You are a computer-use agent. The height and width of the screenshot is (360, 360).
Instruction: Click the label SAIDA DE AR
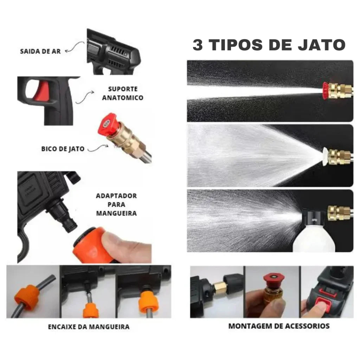[x=40, y=51]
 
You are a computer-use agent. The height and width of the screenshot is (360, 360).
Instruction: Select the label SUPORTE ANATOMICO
[x=123, y=94]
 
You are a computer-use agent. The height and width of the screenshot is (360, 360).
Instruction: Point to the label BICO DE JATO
[x=63, y=149]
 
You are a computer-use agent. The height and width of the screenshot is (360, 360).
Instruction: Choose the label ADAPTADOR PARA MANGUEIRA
[x=116, y=204]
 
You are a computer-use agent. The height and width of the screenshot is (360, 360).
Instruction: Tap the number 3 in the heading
[x=198, y=45]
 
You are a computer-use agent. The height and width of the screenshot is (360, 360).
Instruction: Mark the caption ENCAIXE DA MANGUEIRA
[x=89, y=327]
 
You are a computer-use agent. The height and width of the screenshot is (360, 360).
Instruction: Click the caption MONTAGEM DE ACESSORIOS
[x=279, y=326]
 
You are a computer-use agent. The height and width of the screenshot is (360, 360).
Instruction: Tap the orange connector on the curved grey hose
[x=25, y=298]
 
